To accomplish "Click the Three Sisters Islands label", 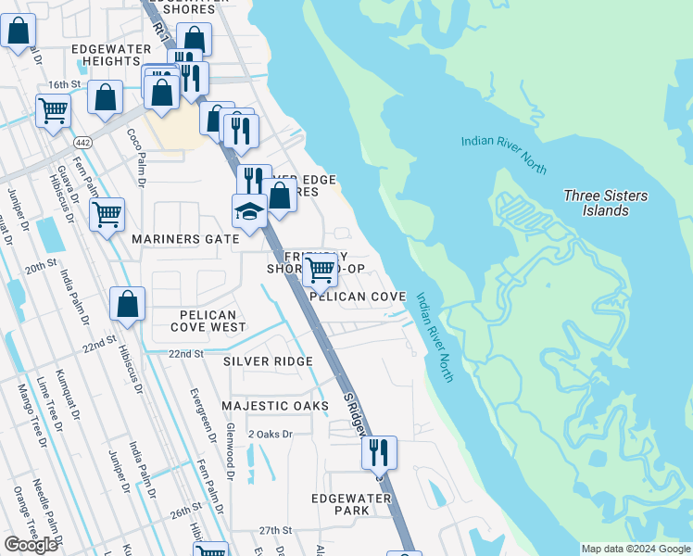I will [x=606, y=203].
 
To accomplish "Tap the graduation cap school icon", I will [x=248, y=212].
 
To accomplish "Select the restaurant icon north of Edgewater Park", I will [x=379, y=452].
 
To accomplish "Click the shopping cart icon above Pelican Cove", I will [x=320, y=271].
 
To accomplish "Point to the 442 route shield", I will [x=82, y=139].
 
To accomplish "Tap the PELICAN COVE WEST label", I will [x=213, y=321].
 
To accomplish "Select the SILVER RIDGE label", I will [x=267, y=360].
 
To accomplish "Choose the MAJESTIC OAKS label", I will [x=275, y=406].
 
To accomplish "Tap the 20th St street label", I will [x=42, y=267].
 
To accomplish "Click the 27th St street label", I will [x=275, y=530].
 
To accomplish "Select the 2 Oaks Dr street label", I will [x=270, y=434].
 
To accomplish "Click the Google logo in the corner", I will [x=31, y=545].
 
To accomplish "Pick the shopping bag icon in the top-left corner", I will [x=19, y=32].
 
